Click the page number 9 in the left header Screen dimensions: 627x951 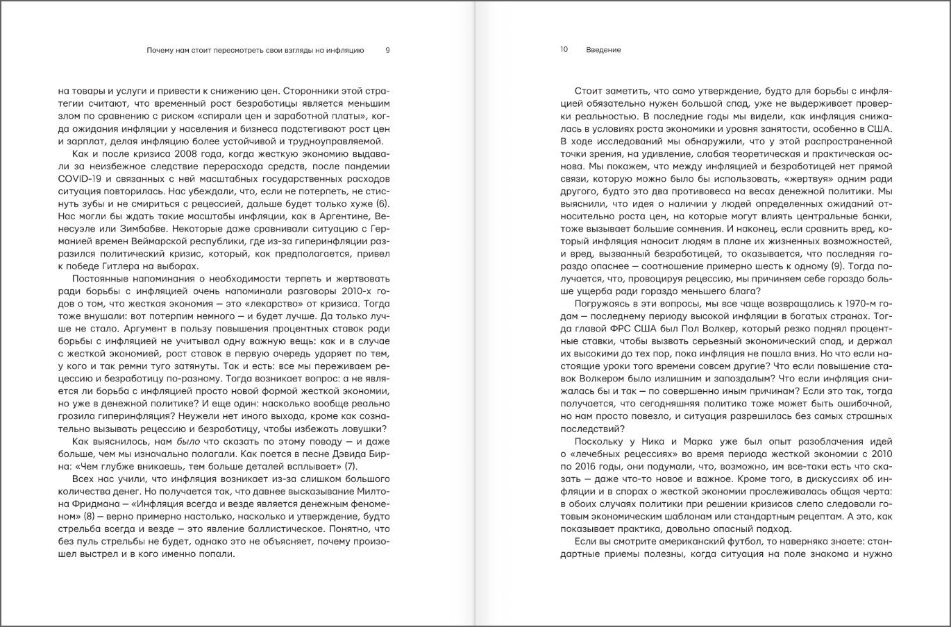pos(387,50)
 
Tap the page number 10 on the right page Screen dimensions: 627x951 pos(564,50)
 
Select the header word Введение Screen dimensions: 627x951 pos(603,50)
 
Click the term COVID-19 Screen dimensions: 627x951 pos(78,178)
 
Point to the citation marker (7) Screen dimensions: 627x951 pos(350,466)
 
